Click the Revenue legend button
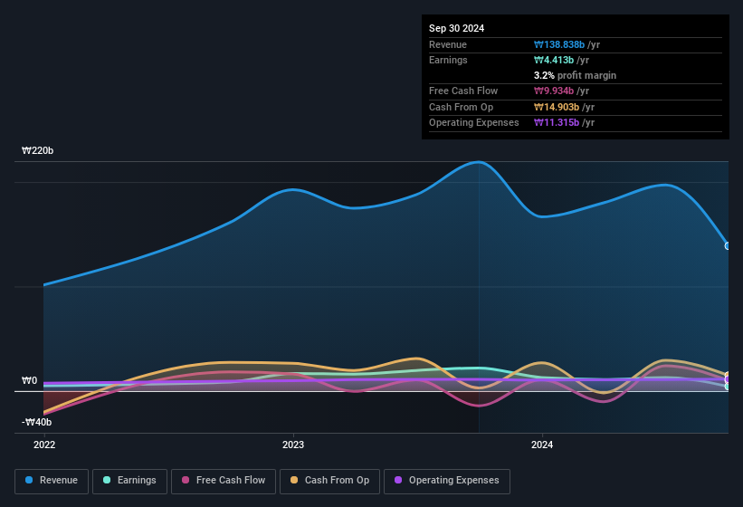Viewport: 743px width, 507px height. pos(52,481)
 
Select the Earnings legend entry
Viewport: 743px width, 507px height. pos(129,481)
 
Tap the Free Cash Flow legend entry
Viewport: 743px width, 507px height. pos(224,481)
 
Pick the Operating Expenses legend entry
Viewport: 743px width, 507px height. pos(447,481)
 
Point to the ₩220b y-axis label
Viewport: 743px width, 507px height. pos(38,150)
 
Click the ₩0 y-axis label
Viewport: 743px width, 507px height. pos(30,381)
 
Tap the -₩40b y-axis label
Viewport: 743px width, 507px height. pos(36,422)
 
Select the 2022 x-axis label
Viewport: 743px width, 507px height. pos(44,445)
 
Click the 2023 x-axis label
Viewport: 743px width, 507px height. pos(293,445)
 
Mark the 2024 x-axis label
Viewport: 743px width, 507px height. pos(542,445)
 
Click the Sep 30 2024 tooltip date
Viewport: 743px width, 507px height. pos(457,28)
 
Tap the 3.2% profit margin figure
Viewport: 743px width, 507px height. pos(576,76)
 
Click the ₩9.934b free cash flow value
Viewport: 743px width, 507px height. pos(561,91)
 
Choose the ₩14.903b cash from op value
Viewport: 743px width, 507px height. pos(565,107)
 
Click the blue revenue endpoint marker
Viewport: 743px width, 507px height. pos(728,245)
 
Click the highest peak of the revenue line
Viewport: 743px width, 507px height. pos(479,162)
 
